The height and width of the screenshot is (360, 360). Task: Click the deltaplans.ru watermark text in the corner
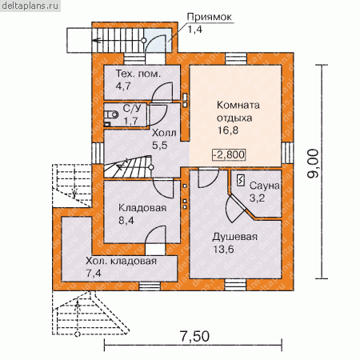coord(30,6)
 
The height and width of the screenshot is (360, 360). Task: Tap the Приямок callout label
coord(209,17)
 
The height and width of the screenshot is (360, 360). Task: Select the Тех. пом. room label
coord(138,74)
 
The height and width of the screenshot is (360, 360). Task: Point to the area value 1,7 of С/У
coord(130,121)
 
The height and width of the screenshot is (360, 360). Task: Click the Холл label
coord(164,133)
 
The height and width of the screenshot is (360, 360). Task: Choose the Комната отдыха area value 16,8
coord(227,130)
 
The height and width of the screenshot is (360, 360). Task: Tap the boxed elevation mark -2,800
coord(229,154)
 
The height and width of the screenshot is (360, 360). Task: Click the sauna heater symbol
coord(241,181)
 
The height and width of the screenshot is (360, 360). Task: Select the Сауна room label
coord(264,186)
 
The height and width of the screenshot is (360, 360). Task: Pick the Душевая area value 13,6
coord(223,250)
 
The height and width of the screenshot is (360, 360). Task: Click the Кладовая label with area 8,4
coord(142,208)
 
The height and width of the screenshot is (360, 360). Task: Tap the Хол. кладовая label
coord(121,261)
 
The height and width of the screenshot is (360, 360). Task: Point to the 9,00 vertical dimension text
coord(313,164)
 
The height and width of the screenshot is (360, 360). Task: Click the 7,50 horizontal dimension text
coord(194,336)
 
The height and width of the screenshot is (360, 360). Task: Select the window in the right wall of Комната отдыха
coord(287,153)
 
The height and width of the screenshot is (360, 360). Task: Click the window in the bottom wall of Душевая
coord(235,285)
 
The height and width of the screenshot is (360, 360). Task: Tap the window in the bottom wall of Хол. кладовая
coord(150,286)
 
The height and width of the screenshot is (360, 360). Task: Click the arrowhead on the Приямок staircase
coord(97,41)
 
